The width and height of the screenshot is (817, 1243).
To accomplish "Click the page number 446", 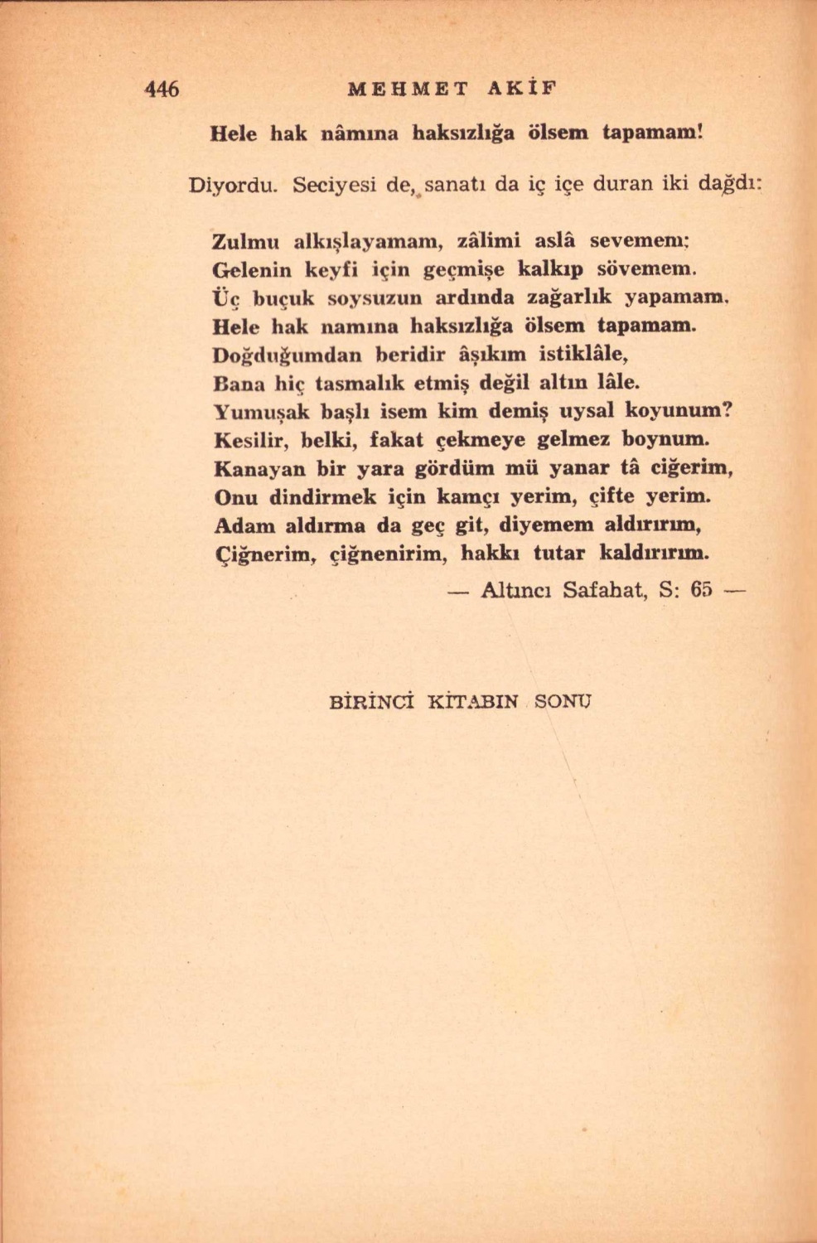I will [162, 89].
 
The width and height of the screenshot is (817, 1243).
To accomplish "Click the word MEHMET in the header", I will [409, 89].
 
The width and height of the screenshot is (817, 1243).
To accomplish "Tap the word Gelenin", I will [251, 269].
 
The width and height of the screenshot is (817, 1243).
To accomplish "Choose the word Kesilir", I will [246, 439].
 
